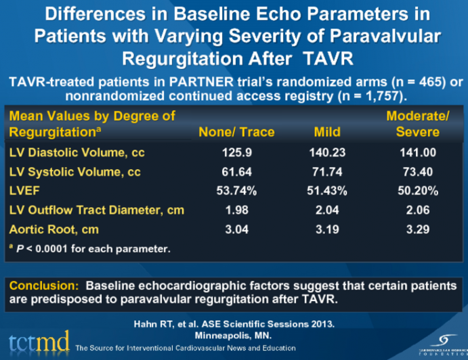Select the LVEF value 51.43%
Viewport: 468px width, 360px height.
point(327,192)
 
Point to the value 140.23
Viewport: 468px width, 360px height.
point(327,153)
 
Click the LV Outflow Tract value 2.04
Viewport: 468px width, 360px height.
point(327,210)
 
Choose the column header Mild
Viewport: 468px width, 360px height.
point(327,131)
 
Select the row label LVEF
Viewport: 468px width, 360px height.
point(24,192)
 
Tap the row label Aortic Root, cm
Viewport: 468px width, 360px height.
point(54,229)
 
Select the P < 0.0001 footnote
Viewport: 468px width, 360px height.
point(91,248)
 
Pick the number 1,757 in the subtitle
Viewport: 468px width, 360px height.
point(368,95)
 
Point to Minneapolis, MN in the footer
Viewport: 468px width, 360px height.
point(234,335)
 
